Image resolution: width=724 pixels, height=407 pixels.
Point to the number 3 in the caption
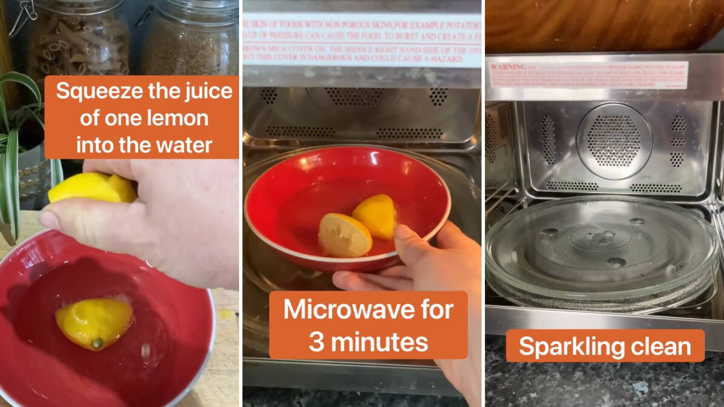[316, 342]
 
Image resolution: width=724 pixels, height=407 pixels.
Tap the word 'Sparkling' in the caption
[567, 347]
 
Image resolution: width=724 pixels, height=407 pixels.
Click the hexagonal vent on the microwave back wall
[614, 141]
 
